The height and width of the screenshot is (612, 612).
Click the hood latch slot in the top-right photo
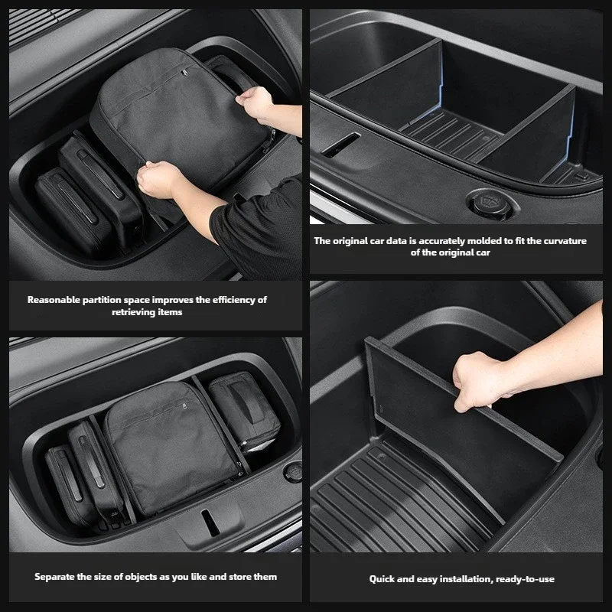tap(341, 145)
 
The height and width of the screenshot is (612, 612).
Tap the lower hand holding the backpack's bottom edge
tap(158, 179)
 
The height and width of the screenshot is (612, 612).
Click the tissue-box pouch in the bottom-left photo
tap(244, 412)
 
